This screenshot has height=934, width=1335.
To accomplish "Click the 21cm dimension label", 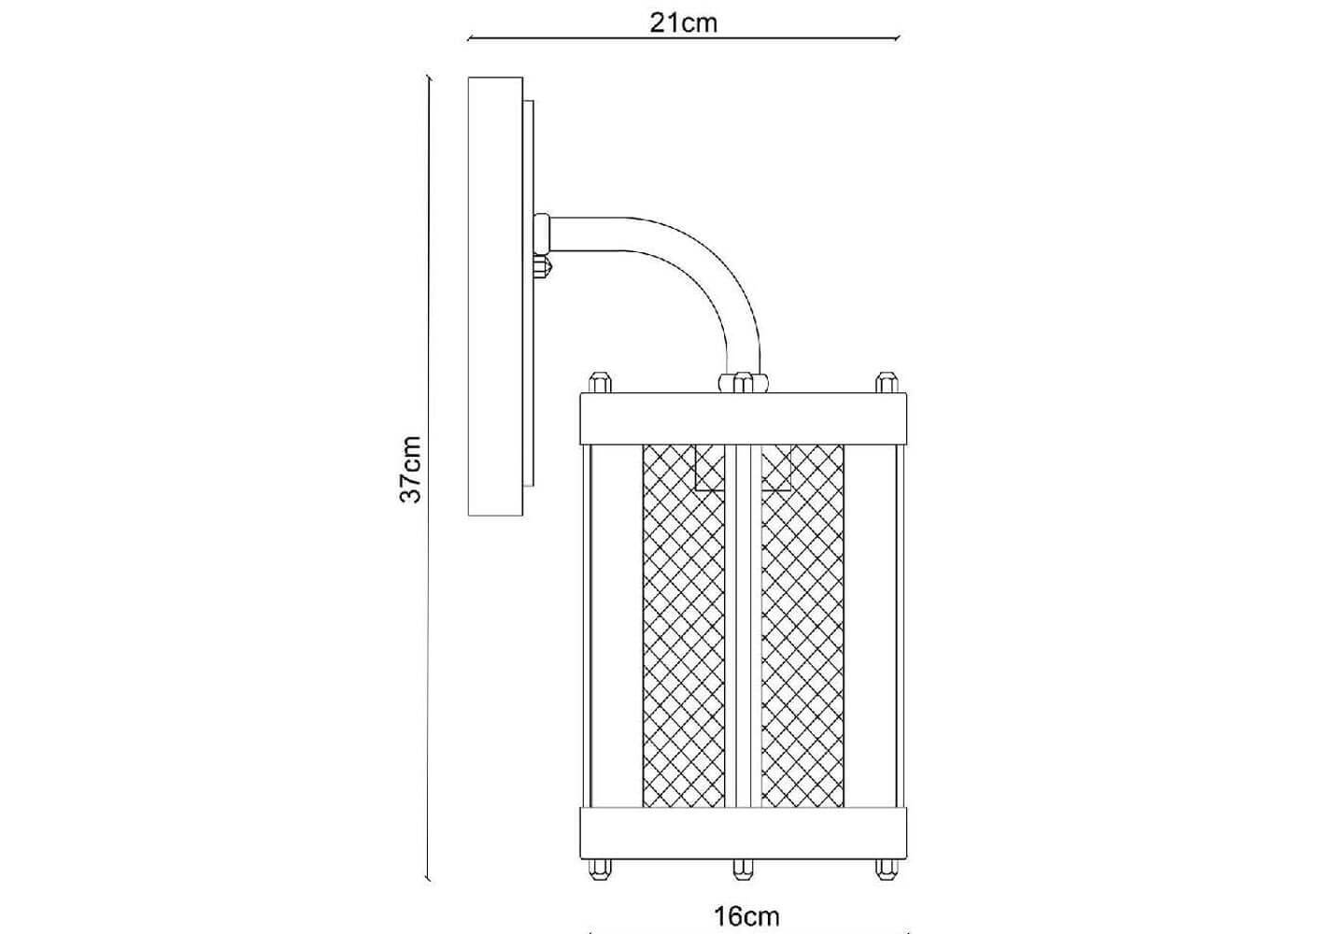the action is click(x=683, y=23).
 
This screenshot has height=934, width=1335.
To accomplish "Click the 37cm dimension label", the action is click(x=411, y=470).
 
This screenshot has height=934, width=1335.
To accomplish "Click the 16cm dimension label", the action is click(x=746, y=916).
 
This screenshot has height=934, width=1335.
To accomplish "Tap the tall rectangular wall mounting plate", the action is click(x=495, y=296).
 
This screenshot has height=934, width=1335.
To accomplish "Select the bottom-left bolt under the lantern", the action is click(x=600, y=869).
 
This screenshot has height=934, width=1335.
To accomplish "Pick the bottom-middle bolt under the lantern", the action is click(x=743, y=869).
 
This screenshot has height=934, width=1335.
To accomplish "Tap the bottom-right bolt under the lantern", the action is click(x=887, y=869).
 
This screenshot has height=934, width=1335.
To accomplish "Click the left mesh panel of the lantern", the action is click(x=684, y=626).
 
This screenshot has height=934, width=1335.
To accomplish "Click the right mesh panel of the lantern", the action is click(x=802, y=626).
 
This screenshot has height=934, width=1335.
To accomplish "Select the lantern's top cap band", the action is click(x=744, y=418).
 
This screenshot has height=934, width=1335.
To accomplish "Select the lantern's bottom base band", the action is click(x=744, y=833).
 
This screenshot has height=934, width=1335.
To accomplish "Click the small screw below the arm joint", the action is click(x=544, y=267).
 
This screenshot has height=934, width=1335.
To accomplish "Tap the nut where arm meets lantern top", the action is click(x=744, y=382).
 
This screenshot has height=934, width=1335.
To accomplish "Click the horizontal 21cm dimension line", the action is click(x=683, y=38).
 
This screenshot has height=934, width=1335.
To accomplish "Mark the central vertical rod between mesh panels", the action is click(x=743, y=626).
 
